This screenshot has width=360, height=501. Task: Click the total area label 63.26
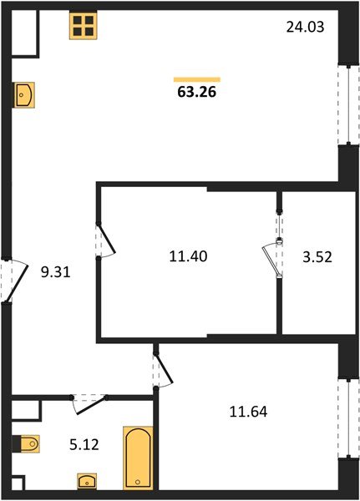coord(196,93)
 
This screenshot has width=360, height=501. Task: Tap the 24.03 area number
coord(305,27)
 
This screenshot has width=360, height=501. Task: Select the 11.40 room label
coord(187,256)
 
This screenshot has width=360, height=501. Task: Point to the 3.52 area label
coord(317,256)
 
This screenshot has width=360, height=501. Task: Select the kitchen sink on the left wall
coord(23,94)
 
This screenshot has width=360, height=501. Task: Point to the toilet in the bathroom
coord(25,443)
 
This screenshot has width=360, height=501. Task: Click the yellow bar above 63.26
coord(196,79)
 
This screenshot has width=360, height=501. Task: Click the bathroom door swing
coord(87,404)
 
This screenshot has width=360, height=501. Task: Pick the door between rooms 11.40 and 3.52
coord(275,250)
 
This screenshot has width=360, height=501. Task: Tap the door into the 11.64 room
coord(162,369)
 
